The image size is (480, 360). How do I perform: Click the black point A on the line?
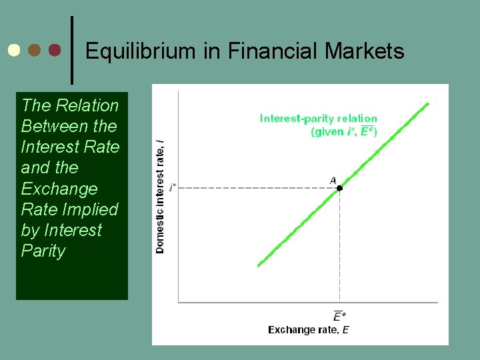pos(339,189)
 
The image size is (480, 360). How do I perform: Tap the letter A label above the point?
pos(333,180)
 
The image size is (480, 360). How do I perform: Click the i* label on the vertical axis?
pos(173,189)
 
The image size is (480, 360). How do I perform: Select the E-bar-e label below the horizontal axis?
pos(339,316)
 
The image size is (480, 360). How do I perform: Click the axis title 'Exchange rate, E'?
pos(308,330)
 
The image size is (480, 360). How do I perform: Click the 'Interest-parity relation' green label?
pos(318,119)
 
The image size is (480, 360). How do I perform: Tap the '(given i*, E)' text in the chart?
pos(343,131)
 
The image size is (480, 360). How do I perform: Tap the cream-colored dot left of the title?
pos(14,50)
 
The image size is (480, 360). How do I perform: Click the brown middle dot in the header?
pos(35,50)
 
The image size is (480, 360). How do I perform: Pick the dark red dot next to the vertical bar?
pos(55,50)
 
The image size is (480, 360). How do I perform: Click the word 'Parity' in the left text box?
pos(43,251)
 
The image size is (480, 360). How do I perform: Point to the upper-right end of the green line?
pos(427,104)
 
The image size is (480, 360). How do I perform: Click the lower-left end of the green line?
pos(259,265)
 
